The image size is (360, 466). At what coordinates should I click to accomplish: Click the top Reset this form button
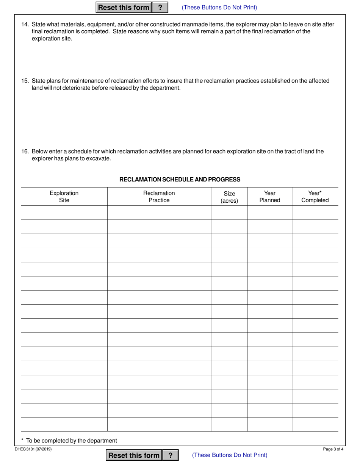[x=124, y=8]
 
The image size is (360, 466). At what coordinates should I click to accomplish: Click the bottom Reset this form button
[x=134, y=455]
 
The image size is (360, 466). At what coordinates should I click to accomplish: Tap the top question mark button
[x=160, y=8]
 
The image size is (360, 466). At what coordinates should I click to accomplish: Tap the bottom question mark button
[x=171, y=455]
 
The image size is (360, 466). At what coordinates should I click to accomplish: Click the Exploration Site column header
[x=64, y=197]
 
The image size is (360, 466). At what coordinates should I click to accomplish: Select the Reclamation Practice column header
[x=159, y=197]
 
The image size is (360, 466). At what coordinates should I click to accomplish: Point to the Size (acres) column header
[x=229, y=197]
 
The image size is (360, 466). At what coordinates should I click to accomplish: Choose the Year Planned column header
[x=270, y=197]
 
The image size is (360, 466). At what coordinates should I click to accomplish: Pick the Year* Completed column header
[x=315, y=197]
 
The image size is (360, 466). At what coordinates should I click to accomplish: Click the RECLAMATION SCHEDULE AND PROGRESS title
[x=180, y=180]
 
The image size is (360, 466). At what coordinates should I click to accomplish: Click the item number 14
[x=25, y=24]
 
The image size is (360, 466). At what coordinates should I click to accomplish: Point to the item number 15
[x=25, y=81]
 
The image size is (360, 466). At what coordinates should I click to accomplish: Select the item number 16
[x=25, y=151]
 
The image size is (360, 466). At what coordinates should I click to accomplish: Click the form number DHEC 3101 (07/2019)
[x=33, y=449]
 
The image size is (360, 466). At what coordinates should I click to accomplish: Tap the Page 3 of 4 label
[x=333, y=449]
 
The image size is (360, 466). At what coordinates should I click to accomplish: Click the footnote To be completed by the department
[x=69, y=441]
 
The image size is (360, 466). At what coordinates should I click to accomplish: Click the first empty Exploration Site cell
[x=64, y=213]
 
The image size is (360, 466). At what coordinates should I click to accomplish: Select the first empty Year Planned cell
[x=270, y=213]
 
